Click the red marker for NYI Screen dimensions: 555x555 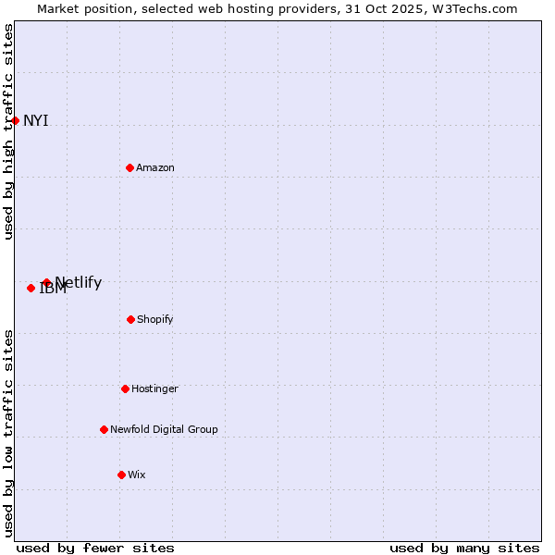(15, 120)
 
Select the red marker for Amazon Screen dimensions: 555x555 (129, 167)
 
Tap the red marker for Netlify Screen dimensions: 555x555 (46, 282)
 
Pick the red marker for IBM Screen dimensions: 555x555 (31, 288)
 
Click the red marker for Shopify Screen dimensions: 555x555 (130, 319)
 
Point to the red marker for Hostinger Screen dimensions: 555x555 (125, 388)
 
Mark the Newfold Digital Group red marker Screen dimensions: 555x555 (104, 429)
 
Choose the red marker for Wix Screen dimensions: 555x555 (121, 475)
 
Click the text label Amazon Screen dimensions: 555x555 (155, 167)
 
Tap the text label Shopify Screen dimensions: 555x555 (155, 319)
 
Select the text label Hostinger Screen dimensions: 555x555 (154, 388)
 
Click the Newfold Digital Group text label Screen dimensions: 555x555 (164, 429)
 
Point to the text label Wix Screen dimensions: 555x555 (137, 475)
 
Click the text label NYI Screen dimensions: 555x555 (36, 120)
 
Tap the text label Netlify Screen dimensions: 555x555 (79, 282)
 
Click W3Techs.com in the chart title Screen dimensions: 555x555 (472, 8)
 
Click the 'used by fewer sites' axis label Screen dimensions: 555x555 (95, 548)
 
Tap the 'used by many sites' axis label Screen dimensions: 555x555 (464, 548)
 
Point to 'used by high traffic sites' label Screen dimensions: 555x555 (8, 131)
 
